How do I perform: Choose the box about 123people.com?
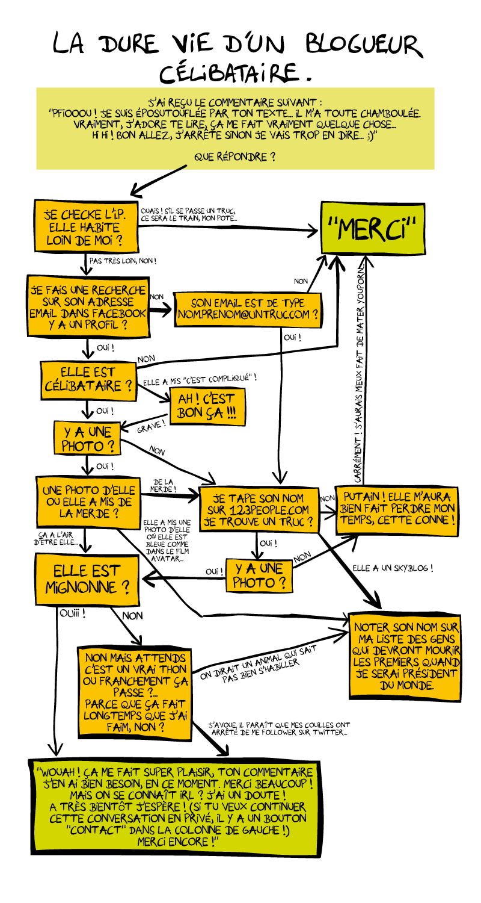(x=259, y=510)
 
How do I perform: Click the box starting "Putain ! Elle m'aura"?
(x=397, y=509)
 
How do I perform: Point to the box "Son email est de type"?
(x=247, y=309)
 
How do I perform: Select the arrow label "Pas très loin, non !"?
(x=123, y=261)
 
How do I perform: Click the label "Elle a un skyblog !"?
(x=393, y=568)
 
